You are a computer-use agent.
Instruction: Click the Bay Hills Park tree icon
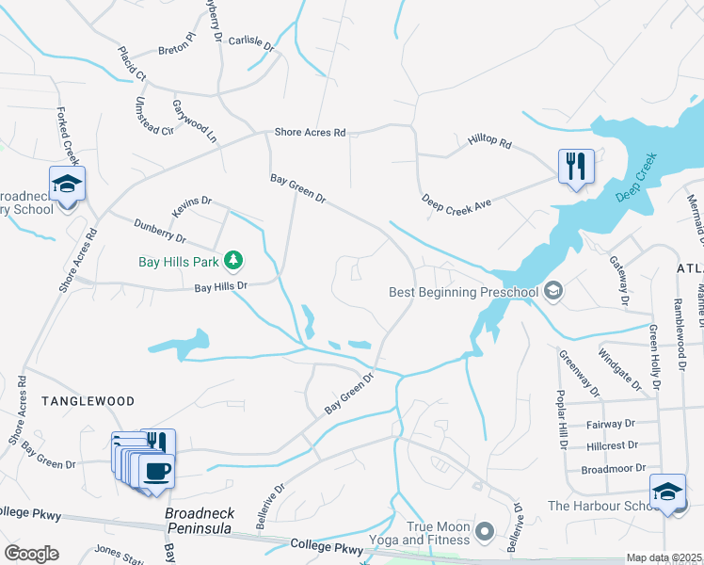pos(233,259)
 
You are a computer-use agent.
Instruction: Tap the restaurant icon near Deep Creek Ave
pos(574,167)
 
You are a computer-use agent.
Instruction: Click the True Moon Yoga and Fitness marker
pos(486,532)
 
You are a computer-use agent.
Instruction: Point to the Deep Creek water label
pos(634,182)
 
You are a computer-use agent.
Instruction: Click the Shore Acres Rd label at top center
pos(310,133)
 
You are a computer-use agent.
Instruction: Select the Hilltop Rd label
pos(489,143)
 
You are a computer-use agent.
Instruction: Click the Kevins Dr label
pos(193,207)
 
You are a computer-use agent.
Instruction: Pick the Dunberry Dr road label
pos(160,232)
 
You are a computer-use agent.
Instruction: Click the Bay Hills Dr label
pos(220,286)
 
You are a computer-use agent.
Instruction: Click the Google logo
pos(31,554)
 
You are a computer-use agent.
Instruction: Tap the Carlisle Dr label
pos(250,44)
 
